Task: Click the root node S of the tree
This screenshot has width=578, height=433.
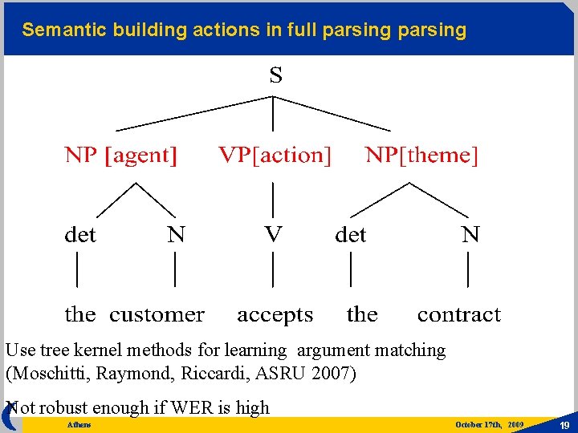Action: (x=275, y=76)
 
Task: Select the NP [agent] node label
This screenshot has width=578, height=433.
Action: (x=121, y=156)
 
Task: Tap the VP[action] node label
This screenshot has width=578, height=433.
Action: (x=275, y=156)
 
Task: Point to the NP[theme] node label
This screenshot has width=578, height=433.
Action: (x=421, y=156)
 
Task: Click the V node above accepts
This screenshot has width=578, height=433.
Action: (x=274, y=233)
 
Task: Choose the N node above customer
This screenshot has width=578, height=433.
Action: (x=176, y=235)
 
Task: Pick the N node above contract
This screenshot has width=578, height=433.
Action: (x=470, y=235)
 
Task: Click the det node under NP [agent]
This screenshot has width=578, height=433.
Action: (x=80, y=235)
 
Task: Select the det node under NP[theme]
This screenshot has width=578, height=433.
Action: (x=350, y=235)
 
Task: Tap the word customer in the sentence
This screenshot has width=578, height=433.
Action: (x=157, y=314)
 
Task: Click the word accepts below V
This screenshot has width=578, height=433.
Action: (x=275, y=315)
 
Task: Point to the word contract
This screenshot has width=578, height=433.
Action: (x=458, y=314)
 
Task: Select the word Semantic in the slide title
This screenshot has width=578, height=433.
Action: (x=61, y=30)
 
